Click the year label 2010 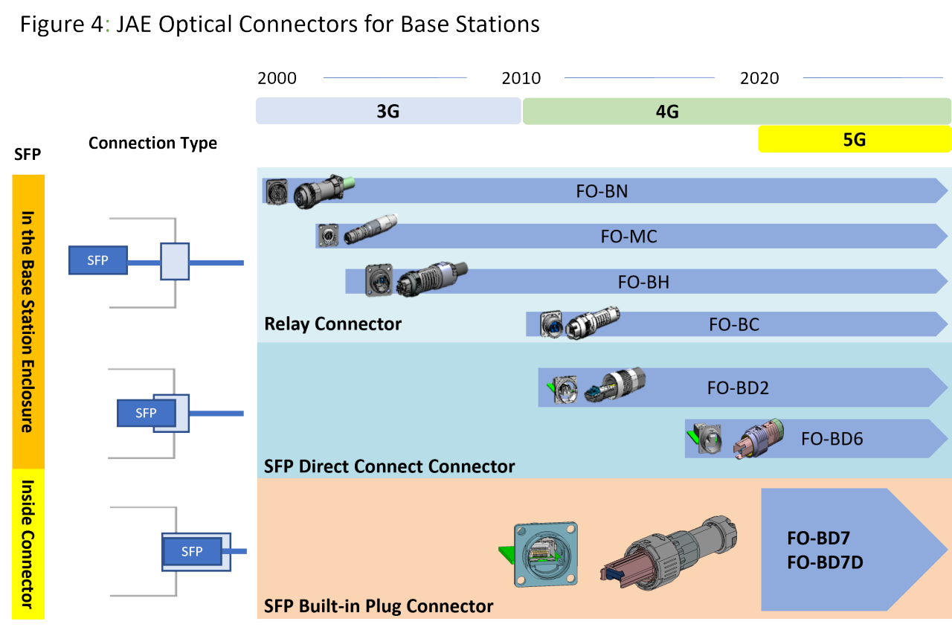pyautogui.click(x=521, y=78)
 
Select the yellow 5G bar pyautogui.click(x=855, y=139)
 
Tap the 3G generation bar pyautogui.click(x=387, y=112)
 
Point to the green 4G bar pyautogui.click(x=736, y=112)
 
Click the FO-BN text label pyautogui.click(x=602, y=191)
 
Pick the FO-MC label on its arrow pyautogui.click(x=628, y=237)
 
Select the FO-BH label pyautogui.click(x=643, y=282)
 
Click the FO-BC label pyautogui.click(x=733, y=324)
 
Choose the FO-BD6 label pyautogui.click(x=832, y=439)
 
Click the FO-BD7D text pyautogui.click(x=825, y=562)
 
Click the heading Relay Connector pyautogui.click(x=332, y=324)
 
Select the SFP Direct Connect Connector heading pyautogui.click(x=389, y=466)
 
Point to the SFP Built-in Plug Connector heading pyautogui.click(x=379, y=606)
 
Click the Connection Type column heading pyautogui.click(x=152, y=143)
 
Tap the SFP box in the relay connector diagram pyautogui.click(x=97, y=261)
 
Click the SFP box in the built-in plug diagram pyautogui.click(x=192, y=551)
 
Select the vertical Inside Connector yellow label pyautogui.click(x=28, y=544)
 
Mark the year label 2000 pyautogui.click(x=277, y=78)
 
